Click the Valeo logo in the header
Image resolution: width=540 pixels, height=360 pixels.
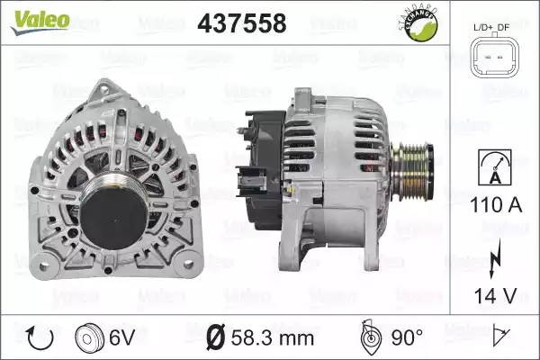pos(40,22)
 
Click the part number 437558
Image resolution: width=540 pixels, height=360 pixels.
pos(242,23)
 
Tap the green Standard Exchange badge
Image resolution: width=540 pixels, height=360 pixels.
pos(419,23)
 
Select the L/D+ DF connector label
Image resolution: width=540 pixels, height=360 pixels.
pos(491,28)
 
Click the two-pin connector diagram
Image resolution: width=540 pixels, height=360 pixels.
pos(495,57)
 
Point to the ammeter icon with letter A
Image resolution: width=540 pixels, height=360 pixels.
pos(495,167)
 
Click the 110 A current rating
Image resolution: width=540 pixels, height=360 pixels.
pos(496,205)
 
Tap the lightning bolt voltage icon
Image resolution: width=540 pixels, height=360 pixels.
pos(495,258)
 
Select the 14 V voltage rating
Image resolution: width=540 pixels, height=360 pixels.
pos(496,295)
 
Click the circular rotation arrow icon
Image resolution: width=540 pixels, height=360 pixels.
pos(40,337)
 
